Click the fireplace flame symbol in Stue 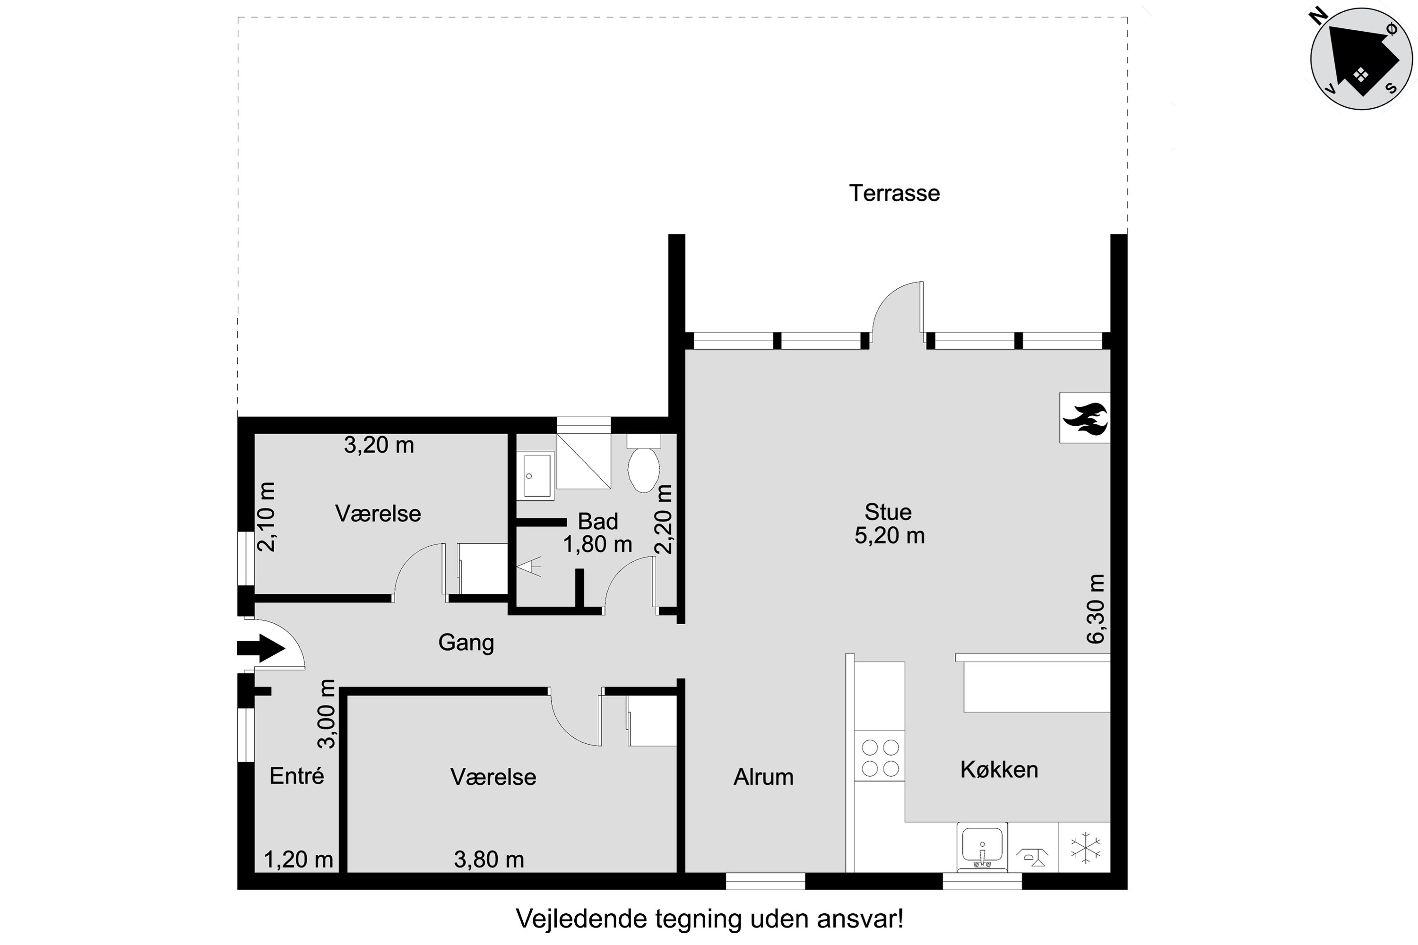[1085, 418]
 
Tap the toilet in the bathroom [643, 469]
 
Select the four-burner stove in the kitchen [880, 757]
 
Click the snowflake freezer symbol [1085, 849]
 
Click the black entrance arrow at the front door [260, 648]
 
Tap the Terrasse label [894, 193]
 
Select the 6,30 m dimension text [1096, 609]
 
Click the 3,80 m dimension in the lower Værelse [488, 859]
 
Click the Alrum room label [763, 777]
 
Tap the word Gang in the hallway [466, 643]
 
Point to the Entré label [297, 776]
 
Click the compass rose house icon [1361, 59]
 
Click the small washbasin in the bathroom [535, 475]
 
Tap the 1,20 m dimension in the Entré [298, 859]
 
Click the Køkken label [999, 770]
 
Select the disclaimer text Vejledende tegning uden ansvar [709, 919]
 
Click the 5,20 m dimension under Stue [889, 536]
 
